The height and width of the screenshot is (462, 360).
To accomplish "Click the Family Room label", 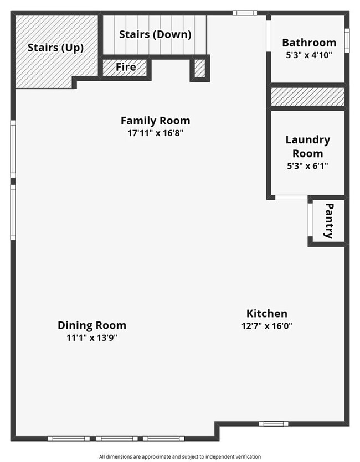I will pos(155,120).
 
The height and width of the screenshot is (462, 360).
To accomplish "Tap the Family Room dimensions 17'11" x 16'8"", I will pos(155,133).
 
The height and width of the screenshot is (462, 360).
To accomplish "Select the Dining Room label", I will pos(92,325).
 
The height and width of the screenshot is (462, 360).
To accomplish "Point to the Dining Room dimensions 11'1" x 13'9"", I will pos(92,338).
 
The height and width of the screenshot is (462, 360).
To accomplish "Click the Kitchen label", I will pos(267,313).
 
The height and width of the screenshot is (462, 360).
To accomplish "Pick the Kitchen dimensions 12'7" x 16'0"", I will pos(267,326).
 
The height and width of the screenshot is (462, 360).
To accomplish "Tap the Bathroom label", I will pos(309,43).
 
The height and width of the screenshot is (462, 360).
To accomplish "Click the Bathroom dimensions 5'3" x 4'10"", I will pos(309,55).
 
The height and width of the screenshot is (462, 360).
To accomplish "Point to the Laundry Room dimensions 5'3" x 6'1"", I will pos(307,165).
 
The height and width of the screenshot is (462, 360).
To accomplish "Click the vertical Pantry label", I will pos(328,221).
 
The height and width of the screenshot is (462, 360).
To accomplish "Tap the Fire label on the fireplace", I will pos(126,68).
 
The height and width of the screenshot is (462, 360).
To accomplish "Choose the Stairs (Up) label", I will pos(55,48).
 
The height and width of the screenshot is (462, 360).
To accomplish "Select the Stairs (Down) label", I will pos(155,34).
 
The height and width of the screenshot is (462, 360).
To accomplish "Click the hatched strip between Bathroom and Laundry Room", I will pos(307,97).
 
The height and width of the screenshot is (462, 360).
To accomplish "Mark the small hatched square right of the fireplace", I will pos(199,68).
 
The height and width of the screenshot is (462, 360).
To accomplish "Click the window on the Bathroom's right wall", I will pos(347,40).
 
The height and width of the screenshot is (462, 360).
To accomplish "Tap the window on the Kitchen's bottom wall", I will pos(274,424).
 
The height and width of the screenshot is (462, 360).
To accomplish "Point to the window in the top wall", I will pos(244,13).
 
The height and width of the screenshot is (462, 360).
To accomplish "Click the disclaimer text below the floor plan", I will pos(180,456).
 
